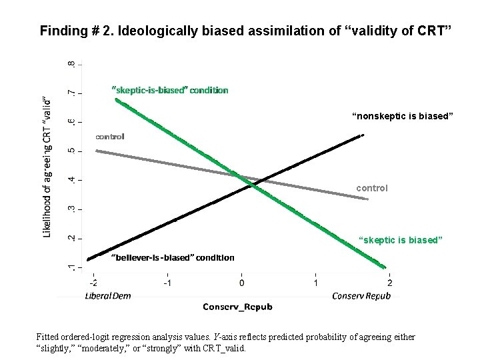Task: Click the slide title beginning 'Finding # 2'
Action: (246, 31)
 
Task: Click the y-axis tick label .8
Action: (71, 65)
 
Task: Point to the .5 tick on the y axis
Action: (71, 151)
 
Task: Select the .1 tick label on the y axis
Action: (71, 267)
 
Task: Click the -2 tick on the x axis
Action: (93, 283)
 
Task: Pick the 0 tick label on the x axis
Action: (241, 283)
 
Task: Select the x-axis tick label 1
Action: (316, 283)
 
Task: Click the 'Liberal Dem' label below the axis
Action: (107, 296)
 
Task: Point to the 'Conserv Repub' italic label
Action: (361, 296)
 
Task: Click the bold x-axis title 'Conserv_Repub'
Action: (237, 307)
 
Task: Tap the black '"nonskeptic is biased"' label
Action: (403, 117)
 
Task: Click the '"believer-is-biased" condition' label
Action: (173, 257)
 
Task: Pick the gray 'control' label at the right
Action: (371, 189)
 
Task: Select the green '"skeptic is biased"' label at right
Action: (400, 239)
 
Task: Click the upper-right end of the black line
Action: (362, 135)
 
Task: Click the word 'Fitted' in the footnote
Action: (49, 337)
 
